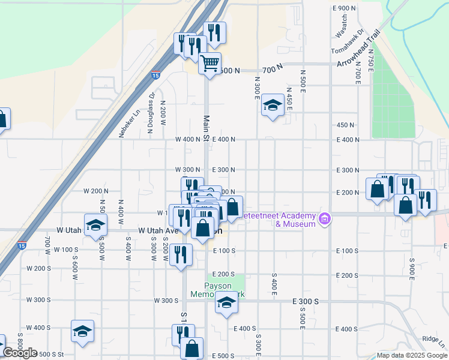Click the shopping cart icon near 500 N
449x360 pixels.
(x=209, y=63)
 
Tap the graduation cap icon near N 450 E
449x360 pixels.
(x=273, y=106)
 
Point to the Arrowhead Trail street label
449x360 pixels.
(x=359, y=49)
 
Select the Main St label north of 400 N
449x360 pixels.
(x=206, y=129)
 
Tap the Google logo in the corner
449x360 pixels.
(x=19, y=353)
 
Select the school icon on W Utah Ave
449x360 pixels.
(x=95, y=226)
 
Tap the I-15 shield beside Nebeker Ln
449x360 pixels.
(x=155, y=76)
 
